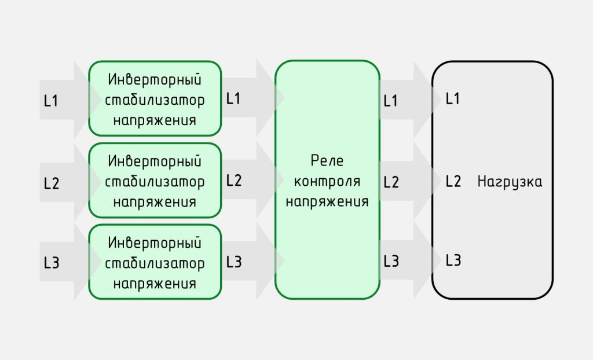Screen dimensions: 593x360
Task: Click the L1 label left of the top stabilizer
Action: click(x=51, y=101)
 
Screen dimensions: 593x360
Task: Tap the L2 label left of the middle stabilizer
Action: click(x=52, y=183)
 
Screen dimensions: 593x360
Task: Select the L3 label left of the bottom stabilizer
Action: click(x=52, y=262)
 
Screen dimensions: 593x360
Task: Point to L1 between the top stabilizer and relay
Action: click(x=233, y=98)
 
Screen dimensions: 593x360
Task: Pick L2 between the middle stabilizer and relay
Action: click(x=234, y=180)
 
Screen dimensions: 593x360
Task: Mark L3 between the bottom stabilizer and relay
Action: click(x=234, y=262)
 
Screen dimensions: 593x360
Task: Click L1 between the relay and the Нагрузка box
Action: click(x=391, y=101)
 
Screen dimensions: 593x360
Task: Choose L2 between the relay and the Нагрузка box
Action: click(x=391, y=182)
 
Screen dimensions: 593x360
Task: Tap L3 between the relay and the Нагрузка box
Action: click(x=391, y=261)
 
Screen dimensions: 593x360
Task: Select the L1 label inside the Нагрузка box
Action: click(x=453, y=98)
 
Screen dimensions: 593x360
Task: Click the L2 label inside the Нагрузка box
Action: click(x=453, y=181)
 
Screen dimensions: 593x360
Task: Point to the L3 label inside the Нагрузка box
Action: click(x=453, y=260)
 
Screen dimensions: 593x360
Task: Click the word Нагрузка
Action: click(x=510, y=182)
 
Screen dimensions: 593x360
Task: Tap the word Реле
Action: click(x=327, y=161)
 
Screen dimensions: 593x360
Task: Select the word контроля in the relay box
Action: click(x=327, y=181)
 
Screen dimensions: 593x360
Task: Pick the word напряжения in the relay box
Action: click(x=327, y=201)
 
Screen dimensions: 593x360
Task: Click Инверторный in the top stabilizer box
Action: click(x=155, y=79)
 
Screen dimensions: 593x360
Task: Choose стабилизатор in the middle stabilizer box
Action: click(x=155, y=182)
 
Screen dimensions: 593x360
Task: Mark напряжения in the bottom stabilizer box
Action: click(x=155, y=284)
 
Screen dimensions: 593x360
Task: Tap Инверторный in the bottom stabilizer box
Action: click(x=155, y=243)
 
